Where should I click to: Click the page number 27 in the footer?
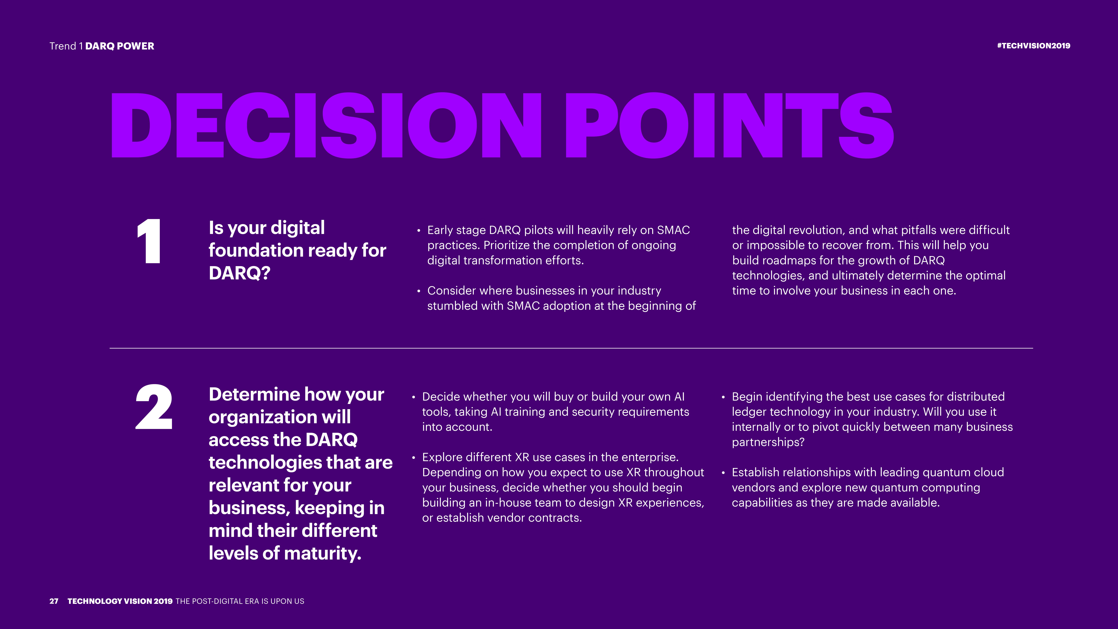coord(54,601)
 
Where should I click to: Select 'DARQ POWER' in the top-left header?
coord(120,46)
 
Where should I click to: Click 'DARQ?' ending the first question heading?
coord(240,273)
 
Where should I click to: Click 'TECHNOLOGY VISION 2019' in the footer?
coord(120,601)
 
